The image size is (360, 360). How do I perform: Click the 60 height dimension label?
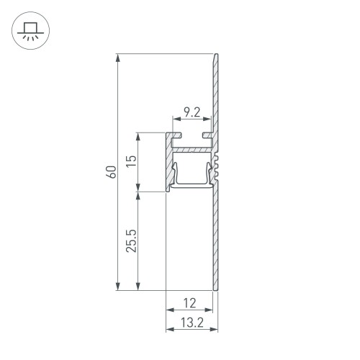coord(110,172)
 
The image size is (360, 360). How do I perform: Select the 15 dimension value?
coord(130,162)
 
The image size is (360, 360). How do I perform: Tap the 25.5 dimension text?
coord(130,241)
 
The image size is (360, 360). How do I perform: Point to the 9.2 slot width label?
coord(192,112)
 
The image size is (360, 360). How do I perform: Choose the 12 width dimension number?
coord(190,302)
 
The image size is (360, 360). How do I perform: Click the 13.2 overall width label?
coord(192,319)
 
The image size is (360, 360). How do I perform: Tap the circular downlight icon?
coord(30,30)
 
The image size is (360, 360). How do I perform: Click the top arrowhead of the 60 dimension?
coord(117,58)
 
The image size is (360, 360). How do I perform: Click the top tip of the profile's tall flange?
coord(215,57)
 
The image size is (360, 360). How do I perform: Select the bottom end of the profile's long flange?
coord(215,288)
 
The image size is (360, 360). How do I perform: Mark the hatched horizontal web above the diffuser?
coord(192,150)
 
